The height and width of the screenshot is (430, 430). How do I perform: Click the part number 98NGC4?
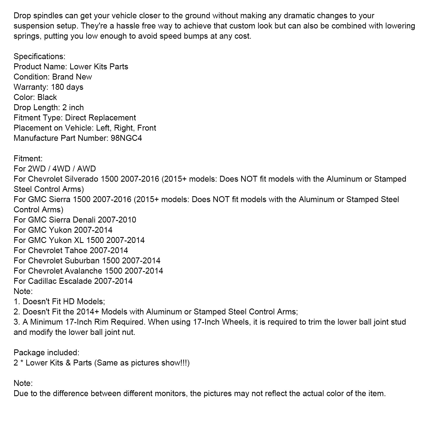click(x=126, y=138)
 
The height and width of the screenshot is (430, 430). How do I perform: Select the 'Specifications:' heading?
click(x=40, y=56)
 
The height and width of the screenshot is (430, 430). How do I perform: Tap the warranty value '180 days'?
click(x=67, y=87)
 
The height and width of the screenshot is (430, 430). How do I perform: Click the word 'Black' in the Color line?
click(x=47, y=97)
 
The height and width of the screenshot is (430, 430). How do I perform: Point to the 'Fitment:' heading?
click(x=28, y=159)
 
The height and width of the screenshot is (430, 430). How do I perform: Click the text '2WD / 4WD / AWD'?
click(x=62, y=169)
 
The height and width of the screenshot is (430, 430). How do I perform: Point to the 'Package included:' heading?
click(x=46, y=353)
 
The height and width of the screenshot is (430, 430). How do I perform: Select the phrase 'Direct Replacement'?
click(x=101, y=118)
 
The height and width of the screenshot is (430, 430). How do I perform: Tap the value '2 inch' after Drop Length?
click(x=73, y=107)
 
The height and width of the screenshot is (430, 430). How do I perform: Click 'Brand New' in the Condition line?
click(x=72, y=77)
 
